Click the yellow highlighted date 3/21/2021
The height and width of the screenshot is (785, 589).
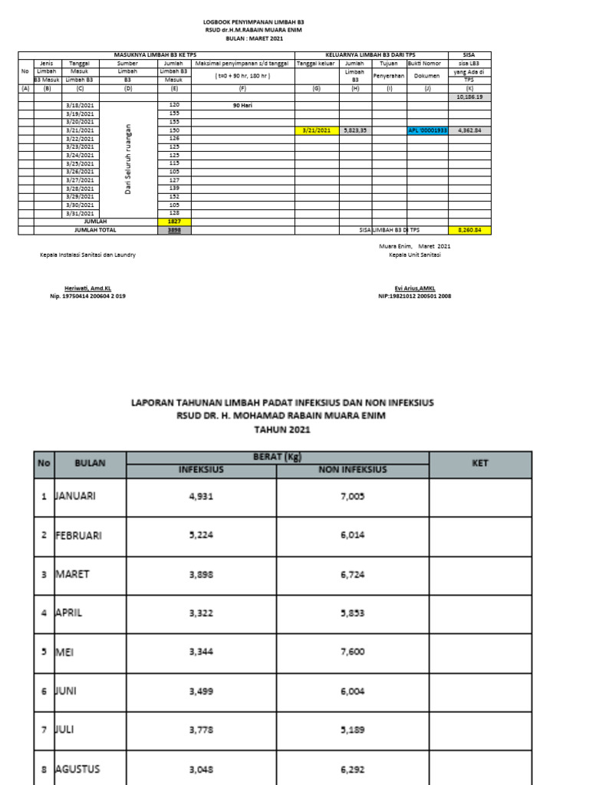[317, 130]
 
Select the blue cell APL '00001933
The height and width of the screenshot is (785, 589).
[427, 130]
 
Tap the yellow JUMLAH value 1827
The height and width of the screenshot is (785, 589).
[174, 222]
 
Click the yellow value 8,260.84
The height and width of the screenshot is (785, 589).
[469, 230]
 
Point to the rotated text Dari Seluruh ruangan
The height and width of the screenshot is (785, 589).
[128, 159]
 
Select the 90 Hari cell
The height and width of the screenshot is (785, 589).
[242, 105]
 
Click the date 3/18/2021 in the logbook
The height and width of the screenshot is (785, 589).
[81, 105]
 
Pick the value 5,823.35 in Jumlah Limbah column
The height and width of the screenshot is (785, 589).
[355, 130]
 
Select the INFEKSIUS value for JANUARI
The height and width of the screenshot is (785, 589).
[202, 496]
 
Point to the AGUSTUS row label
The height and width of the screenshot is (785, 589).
[77, 769]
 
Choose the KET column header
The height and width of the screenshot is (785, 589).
[479, 463]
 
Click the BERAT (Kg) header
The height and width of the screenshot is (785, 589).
[277, 457]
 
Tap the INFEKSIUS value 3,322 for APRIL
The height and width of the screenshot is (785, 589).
[202, 613]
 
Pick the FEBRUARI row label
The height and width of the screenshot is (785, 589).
[78, 535]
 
